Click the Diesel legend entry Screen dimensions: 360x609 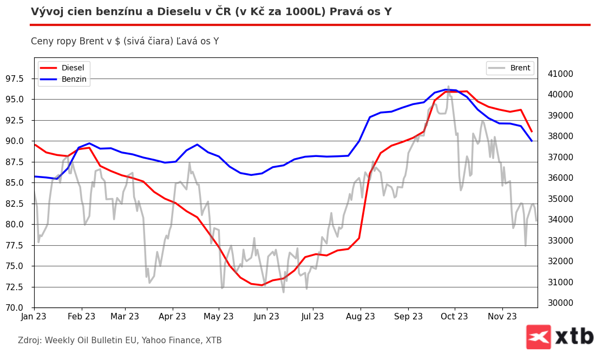[x=73, y=68]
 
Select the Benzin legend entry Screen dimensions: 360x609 [x=74, y=79]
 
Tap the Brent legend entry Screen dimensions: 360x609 [x=520, y=68]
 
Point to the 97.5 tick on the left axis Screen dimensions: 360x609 [x=19, y=79]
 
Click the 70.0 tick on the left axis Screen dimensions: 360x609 [x=19, y=307]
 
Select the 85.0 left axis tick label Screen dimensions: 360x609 [x=19, y=183]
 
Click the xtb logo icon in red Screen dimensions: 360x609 [x=538, y=337]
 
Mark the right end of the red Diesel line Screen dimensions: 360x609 [x=532, y=132]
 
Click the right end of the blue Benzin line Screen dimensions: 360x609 [x=532, y=141]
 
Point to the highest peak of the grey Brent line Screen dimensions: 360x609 [x=448, y=86]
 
